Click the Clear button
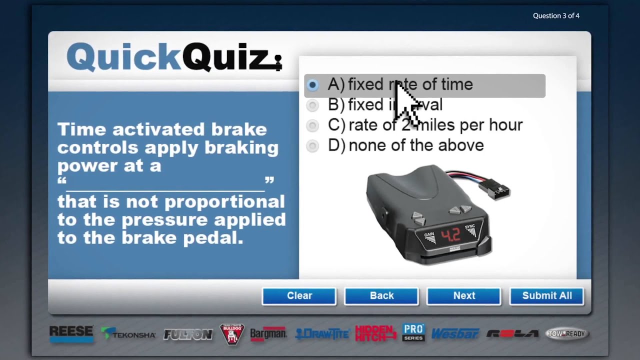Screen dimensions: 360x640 [x=299, y=296]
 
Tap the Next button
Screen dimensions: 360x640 [x=463, y=296]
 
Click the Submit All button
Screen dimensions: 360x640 [x=546, y=296]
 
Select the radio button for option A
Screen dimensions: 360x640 [x=312, y=85]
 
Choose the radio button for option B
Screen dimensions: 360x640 [x=312, y=105]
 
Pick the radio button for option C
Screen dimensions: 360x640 [x=312, y=125]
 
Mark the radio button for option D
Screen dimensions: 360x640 [x=312, y=145]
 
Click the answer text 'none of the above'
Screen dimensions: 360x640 [x=416, y=145]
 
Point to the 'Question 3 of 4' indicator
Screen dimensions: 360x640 [x=556, y=16]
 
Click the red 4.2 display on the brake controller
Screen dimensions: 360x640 [x=450, y=234]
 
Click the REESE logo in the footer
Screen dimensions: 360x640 [x=71, y=333]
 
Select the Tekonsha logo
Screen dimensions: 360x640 [x=128, y=334]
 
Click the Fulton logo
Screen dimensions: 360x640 [x=188, y=334]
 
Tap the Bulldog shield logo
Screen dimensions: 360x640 [x=232, y=334]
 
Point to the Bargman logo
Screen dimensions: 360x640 [x=268, y=334]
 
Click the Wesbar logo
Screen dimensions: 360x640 [x=455, y=334]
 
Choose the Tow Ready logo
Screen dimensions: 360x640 [x=567, y=334]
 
